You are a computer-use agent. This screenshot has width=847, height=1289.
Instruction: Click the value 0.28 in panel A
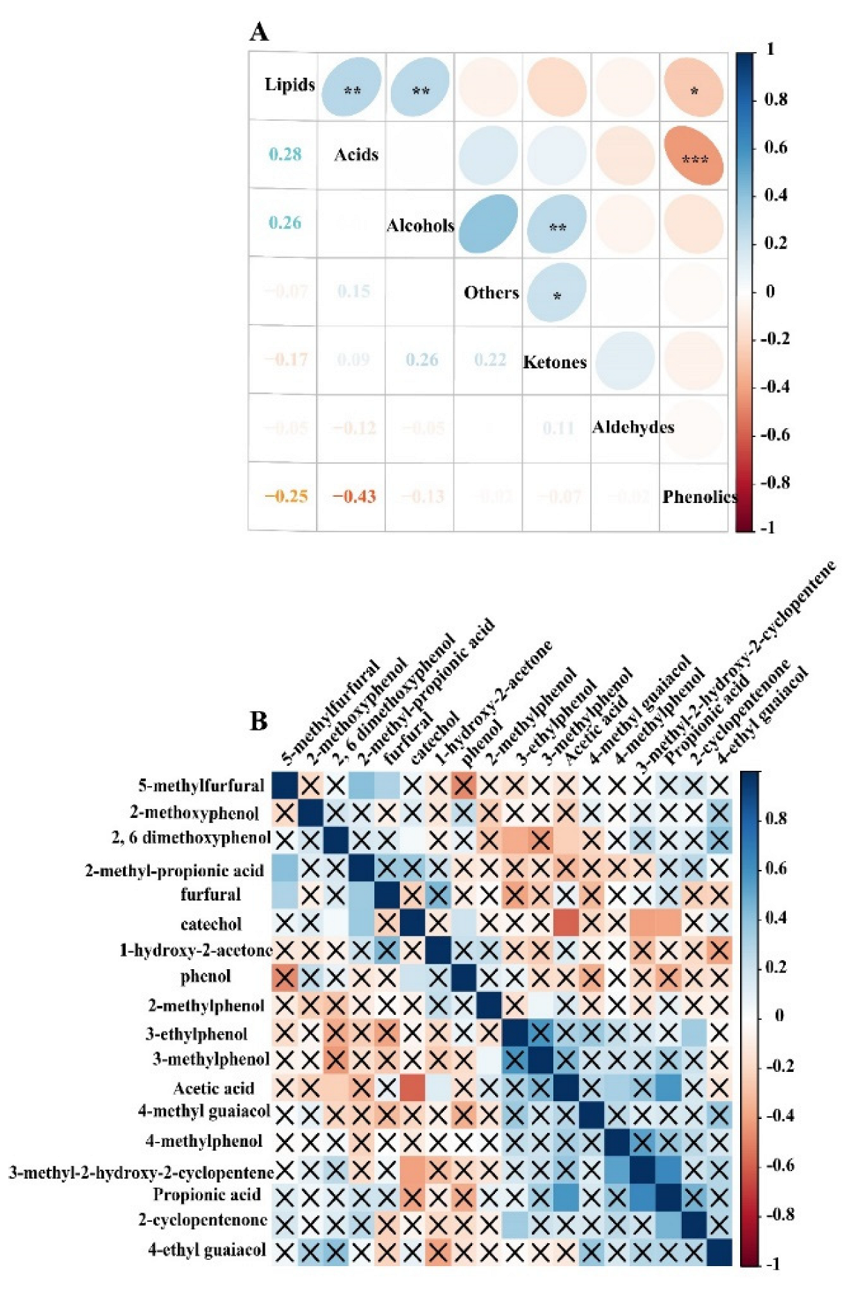coord(285,154)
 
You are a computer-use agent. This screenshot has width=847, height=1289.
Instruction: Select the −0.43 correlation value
coord(354,497)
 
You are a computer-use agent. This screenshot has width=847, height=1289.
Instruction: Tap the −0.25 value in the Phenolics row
coord(286,497)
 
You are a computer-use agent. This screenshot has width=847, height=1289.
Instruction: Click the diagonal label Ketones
coord(555,362)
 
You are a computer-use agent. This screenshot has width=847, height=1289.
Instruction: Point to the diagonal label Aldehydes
coord(632,427)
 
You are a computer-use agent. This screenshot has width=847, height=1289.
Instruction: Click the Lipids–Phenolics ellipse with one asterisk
coord(694,88)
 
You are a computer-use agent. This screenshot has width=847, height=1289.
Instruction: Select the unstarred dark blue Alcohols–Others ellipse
coord(488,223)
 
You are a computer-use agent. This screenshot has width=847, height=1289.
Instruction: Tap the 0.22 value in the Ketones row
coord(489,359)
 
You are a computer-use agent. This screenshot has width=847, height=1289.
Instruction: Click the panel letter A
coord(259,33)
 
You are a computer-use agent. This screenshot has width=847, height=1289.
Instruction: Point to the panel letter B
coord(258,722)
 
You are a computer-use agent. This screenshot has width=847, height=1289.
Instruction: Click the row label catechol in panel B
coord(210,924)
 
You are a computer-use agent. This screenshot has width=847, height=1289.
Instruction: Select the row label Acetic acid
coord(213,1088)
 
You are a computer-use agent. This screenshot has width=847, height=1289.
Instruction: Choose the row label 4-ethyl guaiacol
coord(207,1250)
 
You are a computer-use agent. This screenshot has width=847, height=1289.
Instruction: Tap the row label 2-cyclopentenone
coord(203,1220)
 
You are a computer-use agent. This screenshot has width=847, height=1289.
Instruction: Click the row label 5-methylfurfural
coord(201,785)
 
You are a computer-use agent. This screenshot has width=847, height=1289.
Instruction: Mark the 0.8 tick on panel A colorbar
coord(775,99)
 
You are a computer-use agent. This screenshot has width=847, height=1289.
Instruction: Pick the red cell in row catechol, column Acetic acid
coord(566,923)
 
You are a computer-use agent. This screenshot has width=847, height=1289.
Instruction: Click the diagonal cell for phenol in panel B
coord(463,977)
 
